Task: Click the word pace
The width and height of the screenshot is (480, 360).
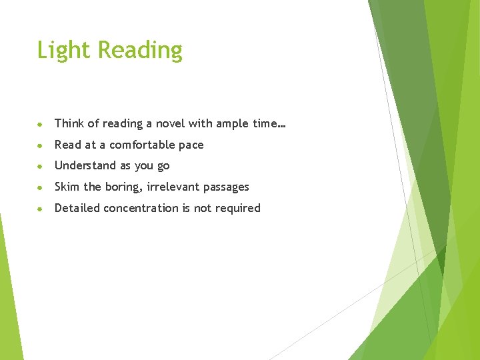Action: [191, 145]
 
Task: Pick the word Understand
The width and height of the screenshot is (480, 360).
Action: [85, 165]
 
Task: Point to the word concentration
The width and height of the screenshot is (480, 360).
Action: [141, 208]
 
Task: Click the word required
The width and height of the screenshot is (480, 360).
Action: [237, 209]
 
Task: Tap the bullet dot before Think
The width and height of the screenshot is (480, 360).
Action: [41, 124]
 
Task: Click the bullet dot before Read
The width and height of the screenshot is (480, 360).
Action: [41, 145]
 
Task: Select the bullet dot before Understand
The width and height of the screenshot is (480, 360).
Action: [41, 166]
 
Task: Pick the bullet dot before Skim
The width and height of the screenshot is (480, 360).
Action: [41, 187]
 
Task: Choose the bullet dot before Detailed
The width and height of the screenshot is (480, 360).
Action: [41, 209]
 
